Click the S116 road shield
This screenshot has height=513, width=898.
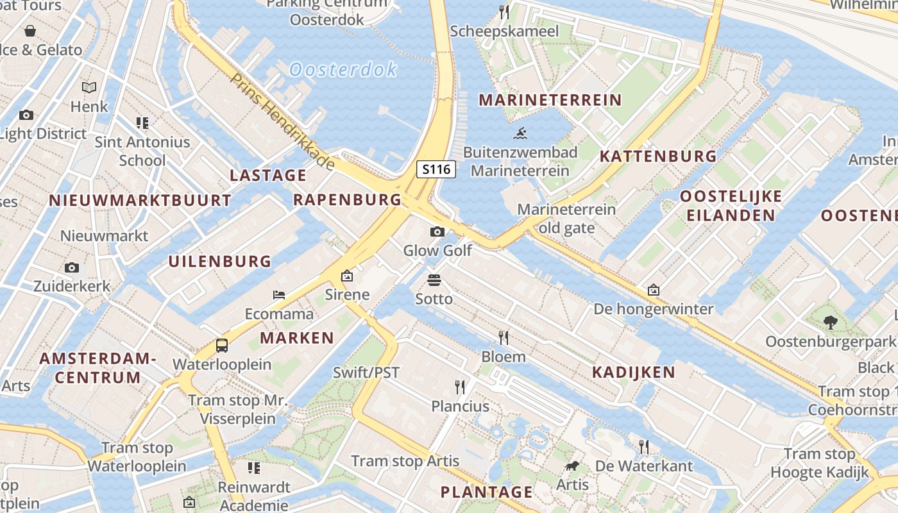(x=437, y=169)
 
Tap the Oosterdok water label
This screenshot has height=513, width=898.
(x=343, y=69)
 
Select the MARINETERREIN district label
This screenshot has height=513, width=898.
(x=550, y=100)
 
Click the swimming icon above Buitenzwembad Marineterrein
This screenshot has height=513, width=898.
(x=520, y=133)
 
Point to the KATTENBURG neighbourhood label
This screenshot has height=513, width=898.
(x=658, y=156)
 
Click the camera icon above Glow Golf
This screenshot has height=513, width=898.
(x=437, y=231)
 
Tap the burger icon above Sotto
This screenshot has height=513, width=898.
(x=434, y=280)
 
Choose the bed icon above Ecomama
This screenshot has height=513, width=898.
(x=279, y=295)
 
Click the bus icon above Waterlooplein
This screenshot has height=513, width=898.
(x=222, y=345)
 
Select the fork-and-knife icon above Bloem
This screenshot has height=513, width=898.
(x=504, y=337)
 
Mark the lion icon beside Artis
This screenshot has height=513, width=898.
(x=572, y=466)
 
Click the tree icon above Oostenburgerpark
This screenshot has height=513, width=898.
(x=831, y=322)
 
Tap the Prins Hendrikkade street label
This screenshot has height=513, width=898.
(x=282, y=122)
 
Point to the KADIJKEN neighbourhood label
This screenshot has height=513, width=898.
(x=633, y=372)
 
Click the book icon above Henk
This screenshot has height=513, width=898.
(x=89, y=87)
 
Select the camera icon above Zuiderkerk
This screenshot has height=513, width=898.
(x=72, y=267)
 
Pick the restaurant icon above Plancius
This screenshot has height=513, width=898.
(x=460, y=387)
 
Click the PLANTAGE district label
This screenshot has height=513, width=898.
(x=486, y=492)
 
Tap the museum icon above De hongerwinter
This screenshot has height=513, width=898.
(x=653, y=290)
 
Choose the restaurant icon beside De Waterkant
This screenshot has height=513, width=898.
(x=644, y=446)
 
